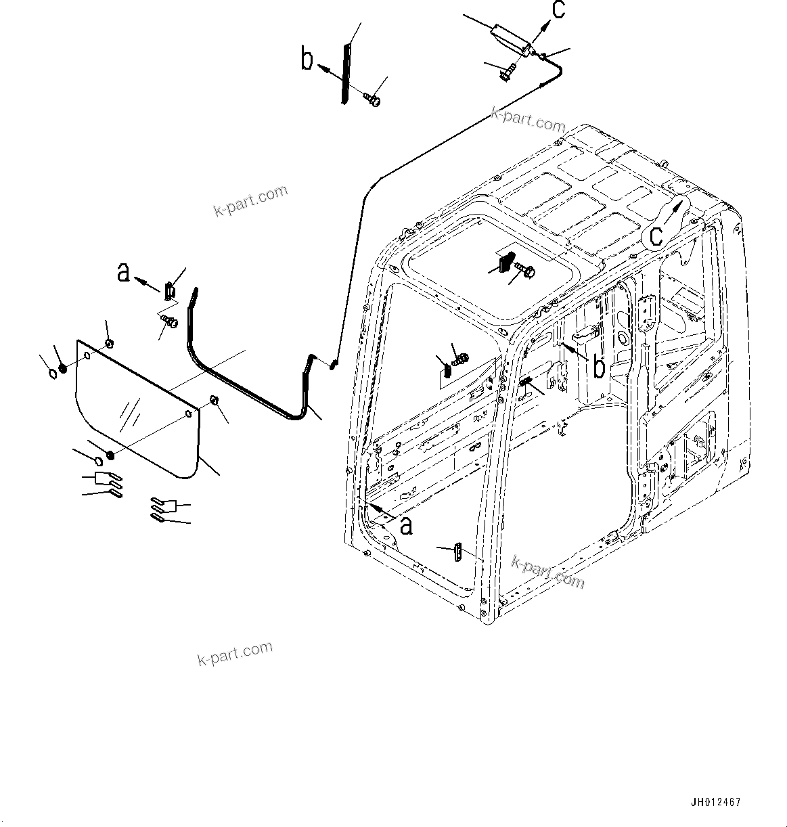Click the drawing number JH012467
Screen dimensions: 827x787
click(715, 803)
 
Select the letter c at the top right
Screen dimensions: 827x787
click(558, 11)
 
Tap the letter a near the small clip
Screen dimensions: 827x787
click(123, 272)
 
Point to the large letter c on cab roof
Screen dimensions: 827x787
click(656, 235)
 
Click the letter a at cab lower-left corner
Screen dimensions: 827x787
click(405, 524)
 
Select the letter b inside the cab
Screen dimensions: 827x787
click(599, 367)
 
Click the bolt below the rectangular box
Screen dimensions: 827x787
click(509, 70)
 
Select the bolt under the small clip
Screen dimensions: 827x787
click(170, 321)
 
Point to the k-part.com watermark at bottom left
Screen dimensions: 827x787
click(235, 653)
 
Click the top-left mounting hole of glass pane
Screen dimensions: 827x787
click(87, 355)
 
